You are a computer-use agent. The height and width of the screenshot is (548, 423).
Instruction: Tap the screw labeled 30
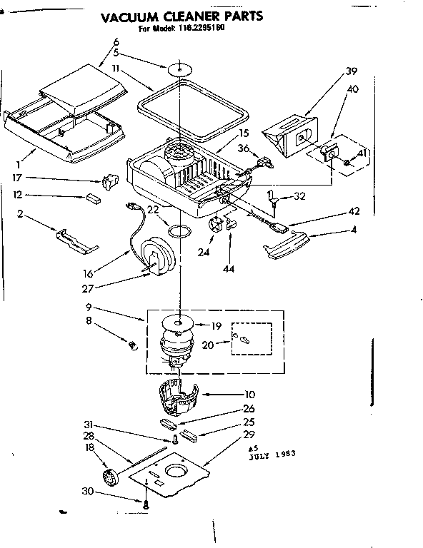tap(146, 502)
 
